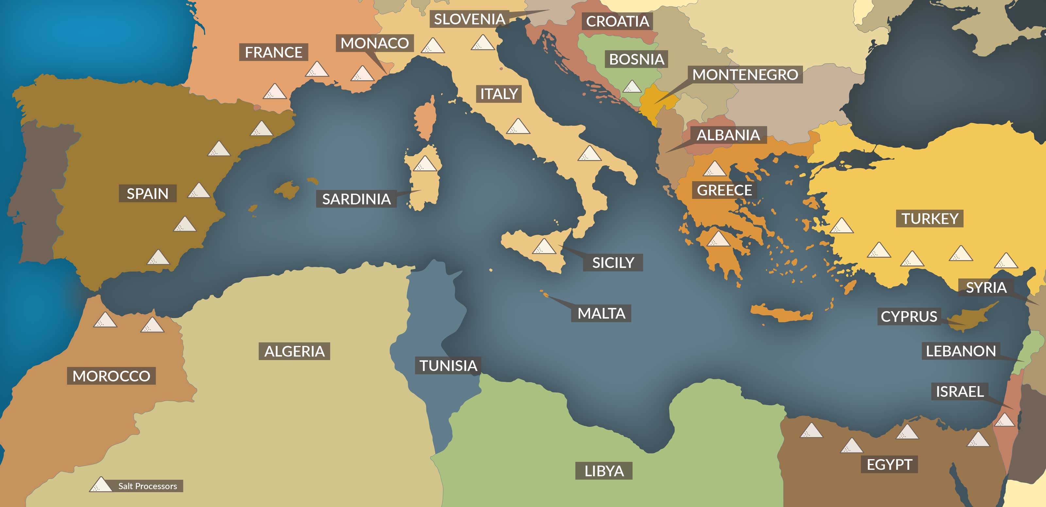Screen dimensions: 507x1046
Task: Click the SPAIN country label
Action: (x=147, y=193)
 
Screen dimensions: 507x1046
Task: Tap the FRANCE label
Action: (x=273, y=52)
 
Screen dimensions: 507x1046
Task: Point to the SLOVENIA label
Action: (x=469, y=19)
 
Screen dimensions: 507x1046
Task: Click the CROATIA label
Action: (x=617, y=21)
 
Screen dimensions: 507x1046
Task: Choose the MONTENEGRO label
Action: (x=745, y=75)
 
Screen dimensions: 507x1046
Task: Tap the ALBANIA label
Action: (x=728, y=135)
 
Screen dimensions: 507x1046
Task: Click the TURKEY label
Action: (x=929, y=219)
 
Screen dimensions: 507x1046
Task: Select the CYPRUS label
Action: (x=909, y=316)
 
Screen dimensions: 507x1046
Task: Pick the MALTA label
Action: (x=601, y=313)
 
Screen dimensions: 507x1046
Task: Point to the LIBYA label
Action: (x=604, y=471)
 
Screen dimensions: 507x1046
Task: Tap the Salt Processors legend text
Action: (x=147, y=486)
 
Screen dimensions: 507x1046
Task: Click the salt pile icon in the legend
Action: (x=100, y=485)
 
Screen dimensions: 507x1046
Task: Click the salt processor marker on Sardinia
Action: (x=425, y=164)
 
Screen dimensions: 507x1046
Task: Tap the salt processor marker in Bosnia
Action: (x=632, y=87)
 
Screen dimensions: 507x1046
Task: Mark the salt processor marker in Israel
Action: (x=1004, y=420)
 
